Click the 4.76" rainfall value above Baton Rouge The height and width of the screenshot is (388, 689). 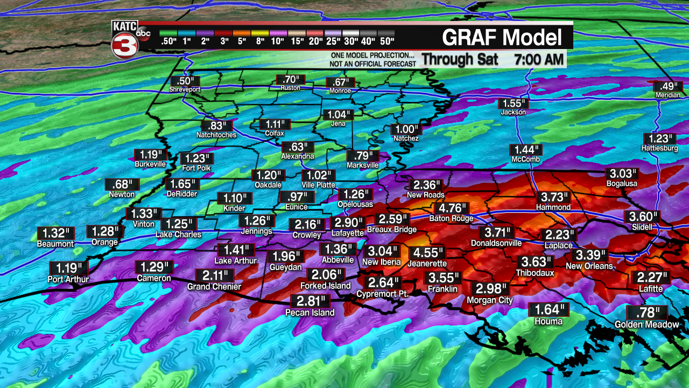pyautogui.click(x=453, y=209)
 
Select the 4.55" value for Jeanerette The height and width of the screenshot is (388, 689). pyautogui.click(x=428, y=253)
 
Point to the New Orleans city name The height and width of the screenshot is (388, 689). pyautogui.click(x=589, y=266)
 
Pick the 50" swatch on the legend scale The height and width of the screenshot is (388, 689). pyautogui.click(x=386, y=41)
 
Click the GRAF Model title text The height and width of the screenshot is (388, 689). pyautogui.click(x=502, y=38)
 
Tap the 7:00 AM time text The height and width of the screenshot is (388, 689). pyautogui.click(x=539, y=58)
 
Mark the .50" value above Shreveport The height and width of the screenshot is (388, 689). pyautogui.click(x=181, y=81)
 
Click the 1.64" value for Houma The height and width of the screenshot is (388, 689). pyautogui.click(x=549, y=310)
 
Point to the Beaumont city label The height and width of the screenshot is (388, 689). pyautogui.click(x=55, y=244)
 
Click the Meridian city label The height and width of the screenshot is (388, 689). pyautogui.click(x=668, y=95)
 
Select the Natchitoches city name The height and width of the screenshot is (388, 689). pyautogui.click(x=216, y=135)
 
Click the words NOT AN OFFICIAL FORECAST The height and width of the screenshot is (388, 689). pyautogui.click(x=372, y=64)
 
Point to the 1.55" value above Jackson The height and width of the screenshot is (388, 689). pyautogui.click(x=512, y=104)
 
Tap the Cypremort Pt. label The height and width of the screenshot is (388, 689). pyautogui.click(x=383, y=294)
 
